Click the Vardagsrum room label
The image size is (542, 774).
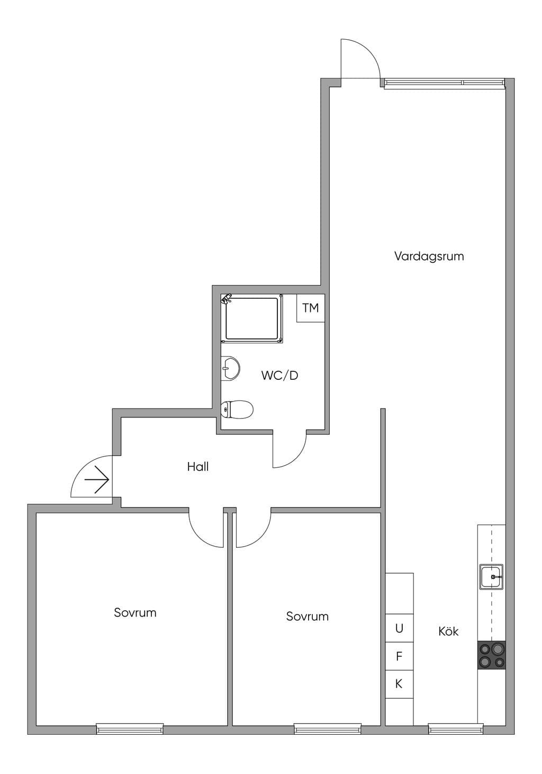(429, 257)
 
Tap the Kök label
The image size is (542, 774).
(448, 631)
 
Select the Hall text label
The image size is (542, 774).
(198, 467)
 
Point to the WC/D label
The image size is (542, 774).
(279, 375)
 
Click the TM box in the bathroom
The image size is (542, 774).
(311, 308)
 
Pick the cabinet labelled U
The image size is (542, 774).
(400, 628)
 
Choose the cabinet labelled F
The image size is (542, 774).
(400, 656)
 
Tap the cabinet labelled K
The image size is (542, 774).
(400, 684)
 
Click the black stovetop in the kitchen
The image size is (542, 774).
(492, 655)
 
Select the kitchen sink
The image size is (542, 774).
(491, 577)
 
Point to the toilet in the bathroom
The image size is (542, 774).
(237, 410)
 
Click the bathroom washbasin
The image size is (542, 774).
(230, 368)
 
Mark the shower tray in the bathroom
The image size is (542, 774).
(251, 318)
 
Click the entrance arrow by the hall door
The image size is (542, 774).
(97, 479)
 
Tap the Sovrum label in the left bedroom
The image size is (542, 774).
(135, 612)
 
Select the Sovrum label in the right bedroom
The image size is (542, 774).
(307, 617)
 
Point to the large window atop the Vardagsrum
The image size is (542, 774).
(444, 84)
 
